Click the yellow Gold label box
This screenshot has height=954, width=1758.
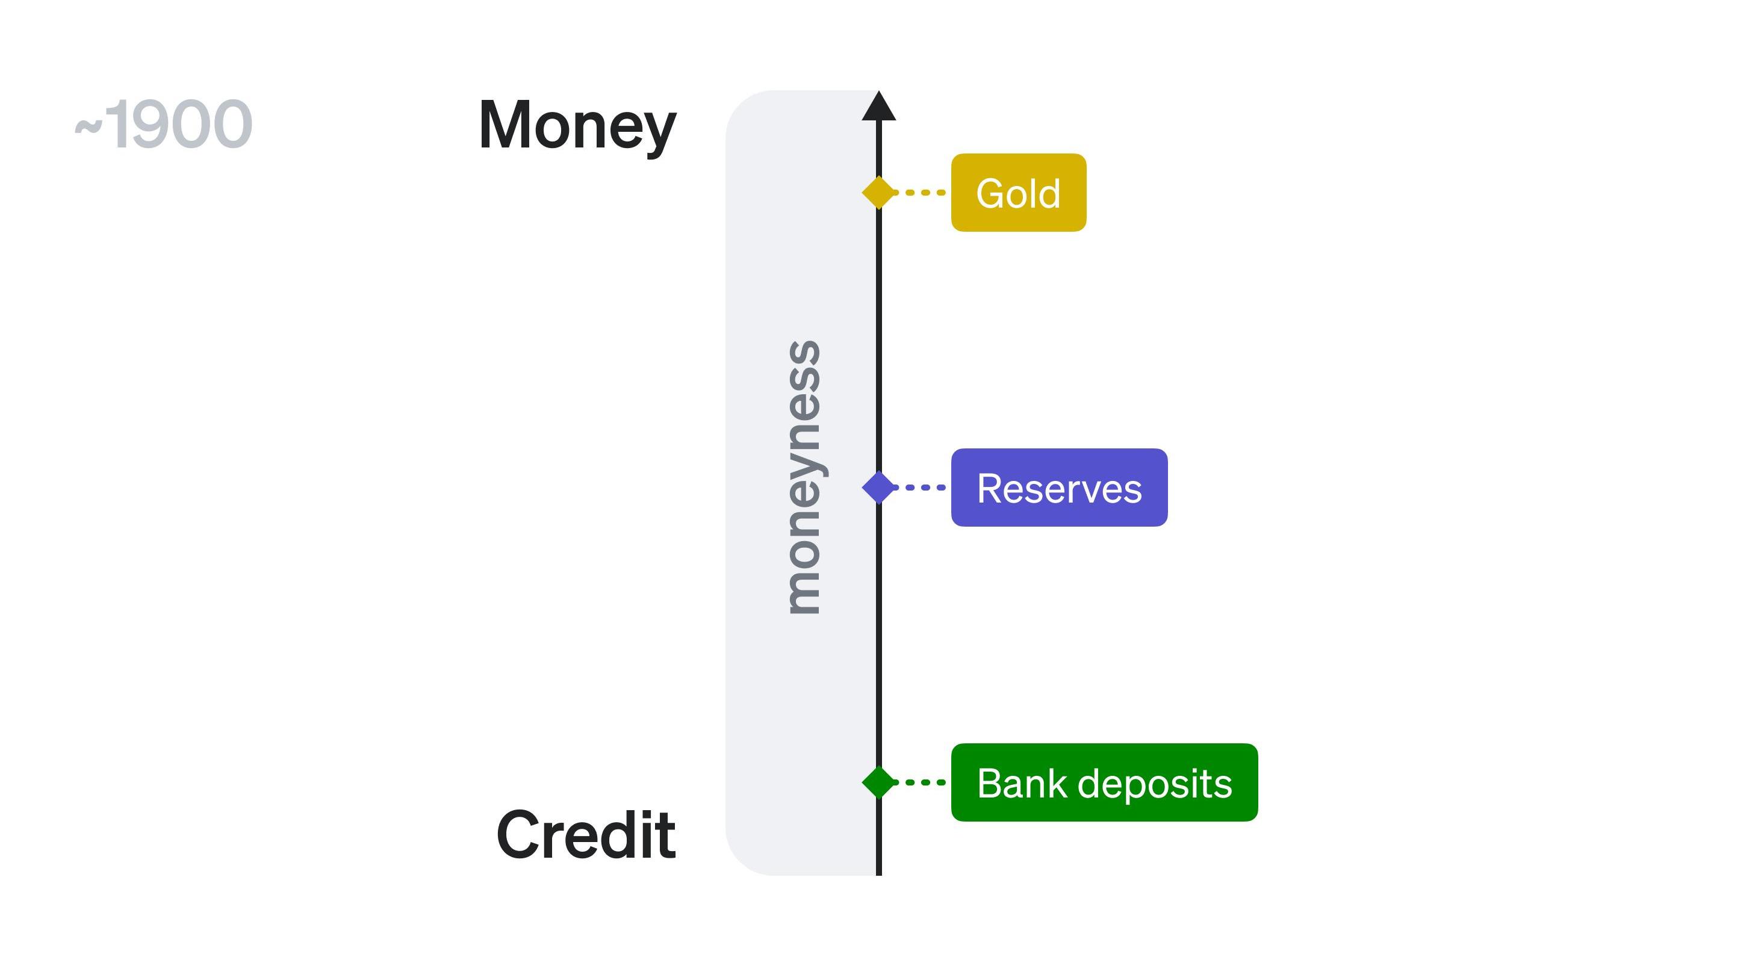point(1018,193)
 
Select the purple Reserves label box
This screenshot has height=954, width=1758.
point(1058,488)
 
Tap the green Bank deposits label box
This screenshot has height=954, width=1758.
point(1104,782)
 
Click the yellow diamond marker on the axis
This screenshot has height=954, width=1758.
point(878,193)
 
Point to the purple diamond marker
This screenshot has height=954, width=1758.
point(878,488)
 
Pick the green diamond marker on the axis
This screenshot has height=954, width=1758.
point(878,782)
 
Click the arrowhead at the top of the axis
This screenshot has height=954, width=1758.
point(878,107)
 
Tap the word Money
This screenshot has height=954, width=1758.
point(577,126)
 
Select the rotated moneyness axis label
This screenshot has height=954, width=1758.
point(803,478)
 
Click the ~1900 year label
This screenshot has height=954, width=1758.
point(164,124)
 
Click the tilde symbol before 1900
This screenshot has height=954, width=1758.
point(88,127)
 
